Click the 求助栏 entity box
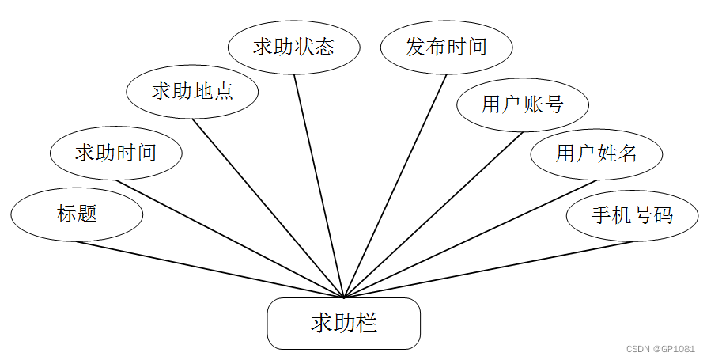point(343,324)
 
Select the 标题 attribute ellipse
point(77,214)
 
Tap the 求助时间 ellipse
point(115,153)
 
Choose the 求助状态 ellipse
point(293,47)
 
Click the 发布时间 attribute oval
point(446,47)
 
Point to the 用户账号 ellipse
point(522,104)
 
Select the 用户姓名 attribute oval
point(596,153)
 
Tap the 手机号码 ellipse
point(633,214)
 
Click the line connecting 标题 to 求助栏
point(210,269)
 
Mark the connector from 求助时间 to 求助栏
point(229,239)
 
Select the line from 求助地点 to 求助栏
point(269,208)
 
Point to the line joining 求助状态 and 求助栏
point(319,186)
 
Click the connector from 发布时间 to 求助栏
point(395,186)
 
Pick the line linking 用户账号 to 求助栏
point(433,214)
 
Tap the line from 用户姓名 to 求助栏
point(471,239)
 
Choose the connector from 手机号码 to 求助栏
point(489,269)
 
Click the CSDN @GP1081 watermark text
point(660,349)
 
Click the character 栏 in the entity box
point(366,324)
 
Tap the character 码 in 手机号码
point(663,214)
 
